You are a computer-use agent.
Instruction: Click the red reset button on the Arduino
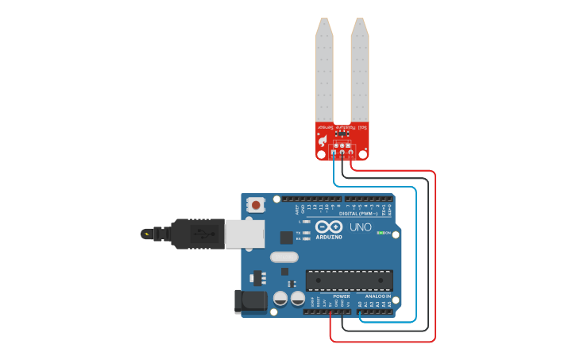[x=256, y=205]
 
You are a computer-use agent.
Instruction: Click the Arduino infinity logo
[x=329, y=227]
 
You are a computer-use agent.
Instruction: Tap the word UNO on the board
[x=361, y=228]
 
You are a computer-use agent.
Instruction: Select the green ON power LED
[x=381, y=233]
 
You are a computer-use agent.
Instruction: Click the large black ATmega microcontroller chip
[x=349, y=280]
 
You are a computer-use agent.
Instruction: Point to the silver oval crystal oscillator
[x=284, y=257]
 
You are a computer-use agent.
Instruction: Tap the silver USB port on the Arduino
[x=244, y=234]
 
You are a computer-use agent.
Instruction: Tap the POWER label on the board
[x=342, y=296]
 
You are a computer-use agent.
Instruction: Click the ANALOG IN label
[x=377, y=296]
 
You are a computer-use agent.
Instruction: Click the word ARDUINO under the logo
[x=329, y=237]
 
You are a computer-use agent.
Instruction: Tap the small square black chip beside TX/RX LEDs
[x=286, y=237]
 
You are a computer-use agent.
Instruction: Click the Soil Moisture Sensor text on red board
[x=342, y=127]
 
